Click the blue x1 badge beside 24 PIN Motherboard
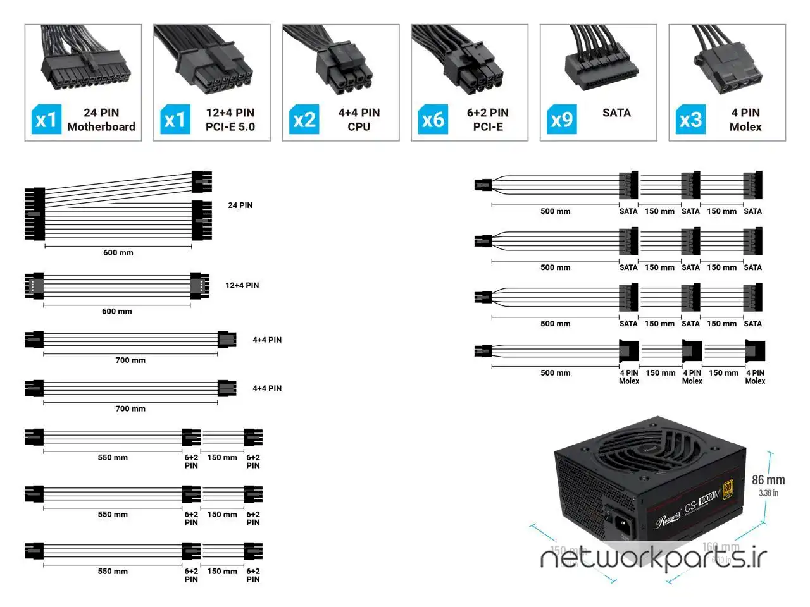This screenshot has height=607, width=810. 46,120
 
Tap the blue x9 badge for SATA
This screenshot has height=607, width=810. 561,120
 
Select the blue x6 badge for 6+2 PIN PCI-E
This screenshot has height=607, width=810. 433,120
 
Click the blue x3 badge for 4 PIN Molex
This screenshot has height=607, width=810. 690,120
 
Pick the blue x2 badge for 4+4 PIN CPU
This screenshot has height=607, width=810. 304,120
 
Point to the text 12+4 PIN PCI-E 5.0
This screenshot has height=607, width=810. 230,120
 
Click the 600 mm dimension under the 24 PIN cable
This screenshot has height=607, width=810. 118,253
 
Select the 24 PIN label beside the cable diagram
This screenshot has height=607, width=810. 240,205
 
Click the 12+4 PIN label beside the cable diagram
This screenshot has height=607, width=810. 242,285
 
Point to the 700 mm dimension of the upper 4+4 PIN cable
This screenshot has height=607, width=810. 130,360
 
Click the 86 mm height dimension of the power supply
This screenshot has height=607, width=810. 768,481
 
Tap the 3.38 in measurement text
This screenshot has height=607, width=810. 768,493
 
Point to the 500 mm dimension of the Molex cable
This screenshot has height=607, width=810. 555,373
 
